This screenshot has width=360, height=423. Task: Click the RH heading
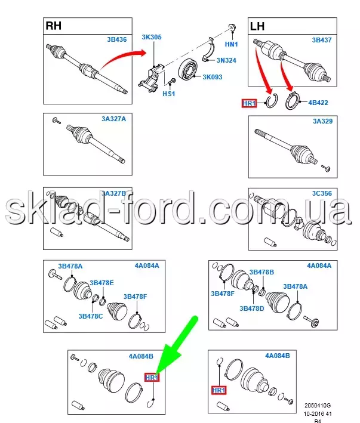click(x=54, y=26)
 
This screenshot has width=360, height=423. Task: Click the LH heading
click(x=257, y=26)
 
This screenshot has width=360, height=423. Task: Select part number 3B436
click(x=117, y=39)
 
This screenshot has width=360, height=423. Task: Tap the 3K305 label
click(x=152, y=37)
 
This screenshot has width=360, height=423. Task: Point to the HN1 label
click(x=231, y=44)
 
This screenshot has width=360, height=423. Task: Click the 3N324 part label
click(x=226, y=60)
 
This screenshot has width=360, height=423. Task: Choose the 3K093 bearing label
click(x=213, y=77)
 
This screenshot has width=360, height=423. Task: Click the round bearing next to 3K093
click(x=187, y=70)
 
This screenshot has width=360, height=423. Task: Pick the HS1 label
click(x=169, y=94)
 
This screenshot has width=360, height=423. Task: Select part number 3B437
click(x=322, y=40)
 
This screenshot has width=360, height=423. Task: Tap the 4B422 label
click(x=318, y=103)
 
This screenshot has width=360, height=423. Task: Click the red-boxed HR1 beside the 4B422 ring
click(x=249, y=103)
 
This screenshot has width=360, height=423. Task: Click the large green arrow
click(x=177, y=345)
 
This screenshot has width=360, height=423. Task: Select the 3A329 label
click(x=323, y=121)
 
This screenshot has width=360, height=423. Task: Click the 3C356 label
click(x=322, y=193)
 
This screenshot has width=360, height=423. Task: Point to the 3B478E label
click(x=101, y=283)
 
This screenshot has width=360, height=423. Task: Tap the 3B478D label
click(x=251, y=308)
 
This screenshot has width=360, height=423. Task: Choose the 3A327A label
click(x=113, y=119)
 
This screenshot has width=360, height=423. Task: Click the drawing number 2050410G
click(x=318, y=406)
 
